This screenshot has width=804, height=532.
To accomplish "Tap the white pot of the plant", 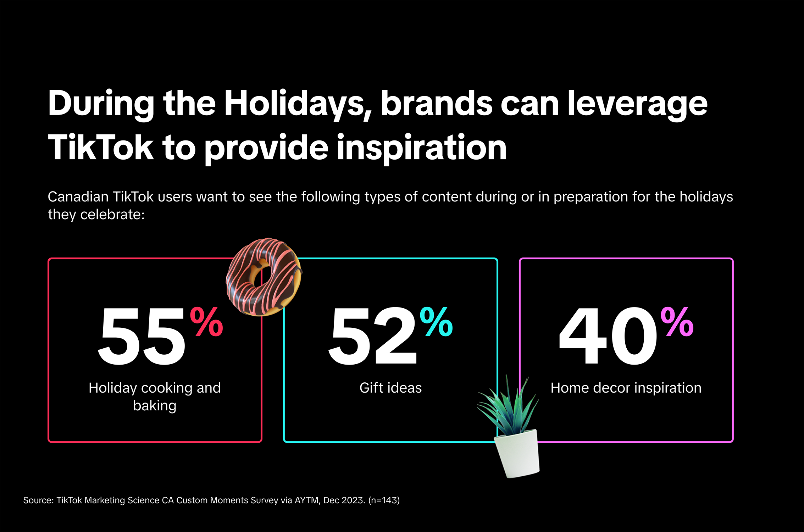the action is pyautogui.click(x=517, y=453).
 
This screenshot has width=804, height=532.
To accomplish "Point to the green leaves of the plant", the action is pyautogui.click(x=508, y=406).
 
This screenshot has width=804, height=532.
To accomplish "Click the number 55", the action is pyautogui.click(x=142, y=336).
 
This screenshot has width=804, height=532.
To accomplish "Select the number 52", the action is pyautogui.click(x=372, y=336).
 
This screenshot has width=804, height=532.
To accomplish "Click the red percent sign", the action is pyautogui.click(x=207, y=322).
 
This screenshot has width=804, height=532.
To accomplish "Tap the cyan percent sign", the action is pyautogui.click(x=437, y=322).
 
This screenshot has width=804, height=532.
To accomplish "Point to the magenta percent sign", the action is pyautogui.click(x=677, y=322).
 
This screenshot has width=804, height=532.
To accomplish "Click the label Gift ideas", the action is pyautogui.click(x=390, y=388).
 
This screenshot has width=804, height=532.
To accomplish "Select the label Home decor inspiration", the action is pyautogui.click(x=626, y=388).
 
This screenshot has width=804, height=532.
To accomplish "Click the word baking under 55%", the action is pyautogui.click(x=155, y=405).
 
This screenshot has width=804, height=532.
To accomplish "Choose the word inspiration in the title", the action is pyautogui.click(x=422, y=148).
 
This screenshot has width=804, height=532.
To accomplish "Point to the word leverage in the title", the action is pyautogui.click(x=638, y=104).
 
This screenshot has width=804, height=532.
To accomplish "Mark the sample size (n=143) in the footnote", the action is pyautogui.click(x=384, y=500).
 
